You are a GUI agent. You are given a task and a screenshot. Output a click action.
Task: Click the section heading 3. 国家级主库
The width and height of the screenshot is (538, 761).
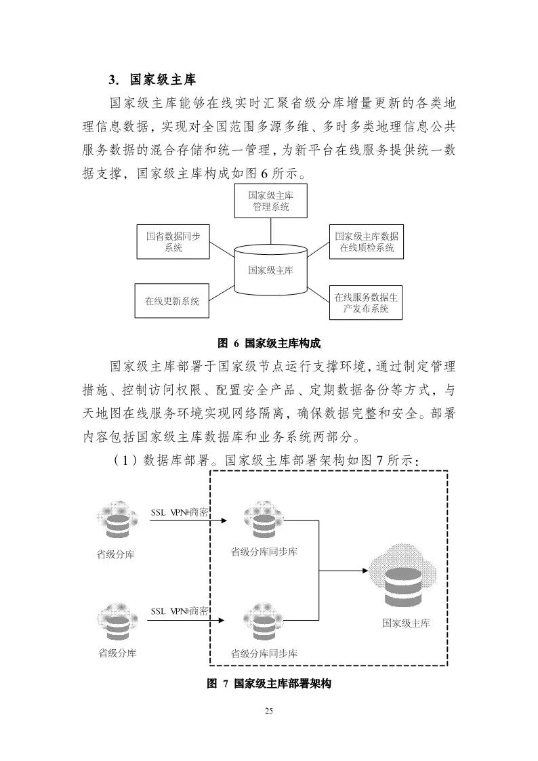tap(152, 80)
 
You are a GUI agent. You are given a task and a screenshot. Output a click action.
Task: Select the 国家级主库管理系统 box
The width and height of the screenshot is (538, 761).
tap(270, 201)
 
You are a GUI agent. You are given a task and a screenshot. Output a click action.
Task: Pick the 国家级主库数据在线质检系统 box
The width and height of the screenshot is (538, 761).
tap(367, 242)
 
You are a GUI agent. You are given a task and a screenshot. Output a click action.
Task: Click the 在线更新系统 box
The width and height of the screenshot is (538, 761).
tap(172, 301)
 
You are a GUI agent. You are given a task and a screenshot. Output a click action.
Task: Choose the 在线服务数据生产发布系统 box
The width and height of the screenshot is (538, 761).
tap(366, 302)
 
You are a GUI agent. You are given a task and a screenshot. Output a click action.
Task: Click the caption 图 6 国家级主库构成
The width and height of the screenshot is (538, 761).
tap(269, 343)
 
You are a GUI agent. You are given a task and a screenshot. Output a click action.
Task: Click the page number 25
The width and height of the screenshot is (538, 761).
tap(269, 711)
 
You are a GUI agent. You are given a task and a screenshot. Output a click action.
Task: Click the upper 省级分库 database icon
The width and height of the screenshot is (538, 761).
tap(116, 520)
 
